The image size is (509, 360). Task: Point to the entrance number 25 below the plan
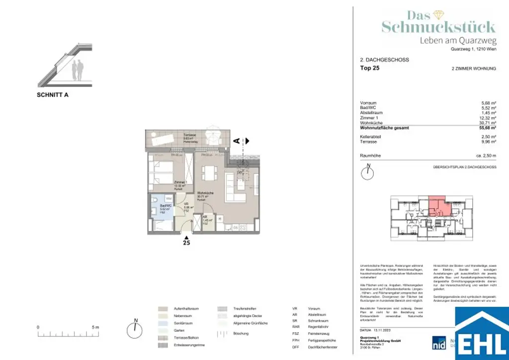[186, 243]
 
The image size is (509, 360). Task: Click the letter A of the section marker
[237, 141]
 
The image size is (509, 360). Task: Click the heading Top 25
[369, 69]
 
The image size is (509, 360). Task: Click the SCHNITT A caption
[53, 95]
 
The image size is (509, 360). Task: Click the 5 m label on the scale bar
[96, 327]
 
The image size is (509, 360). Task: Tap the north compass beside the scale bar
[135, 329]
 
